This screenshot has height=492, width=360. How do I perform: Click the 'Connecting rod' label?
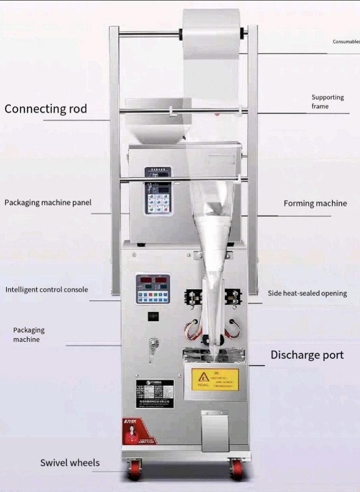pos(46,109)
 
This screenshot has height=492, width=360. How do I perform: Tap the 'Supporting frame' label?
pos(328,101)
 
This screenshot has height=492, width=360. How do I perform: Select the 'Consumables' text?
pos(346,42)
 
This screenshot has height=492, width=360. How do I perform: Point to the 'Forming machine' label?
pos(315,203)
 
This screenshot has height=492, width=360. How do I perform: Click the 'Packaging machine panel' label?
pos(48,202)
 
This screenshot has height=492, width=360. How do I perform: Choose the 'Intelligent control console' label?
pos(47,290)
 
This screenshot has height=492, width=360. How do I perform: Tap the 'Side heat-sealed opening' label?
pos(307,294)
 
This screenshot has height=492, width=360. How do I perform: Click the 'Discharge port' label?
pos(307,355)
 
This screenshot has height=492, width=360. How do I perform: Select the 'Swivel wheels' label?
pos(70,463)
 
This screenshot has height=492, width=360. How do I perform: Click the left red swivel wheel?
pos(135,468)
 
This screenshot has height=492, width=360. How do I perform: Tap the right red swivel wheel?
pos(236,468)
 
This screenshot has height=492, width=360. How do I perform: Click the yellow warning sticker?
pos(215,379)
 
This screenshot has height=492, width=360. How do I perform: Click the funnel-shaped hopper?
pos(157,121)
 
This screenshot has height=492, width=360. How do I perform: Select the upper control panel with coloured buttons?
pos(158,191)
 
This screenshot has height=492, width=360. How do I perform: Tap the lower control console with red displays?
pos(152,289)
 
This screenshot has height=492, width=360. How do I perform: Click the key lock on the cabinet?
pos(153,346)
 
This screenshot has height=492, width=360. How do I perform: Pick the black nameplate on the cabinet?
pos(155,394)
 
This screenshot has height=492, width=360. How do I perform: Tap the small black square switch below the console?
pos(153,316)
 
